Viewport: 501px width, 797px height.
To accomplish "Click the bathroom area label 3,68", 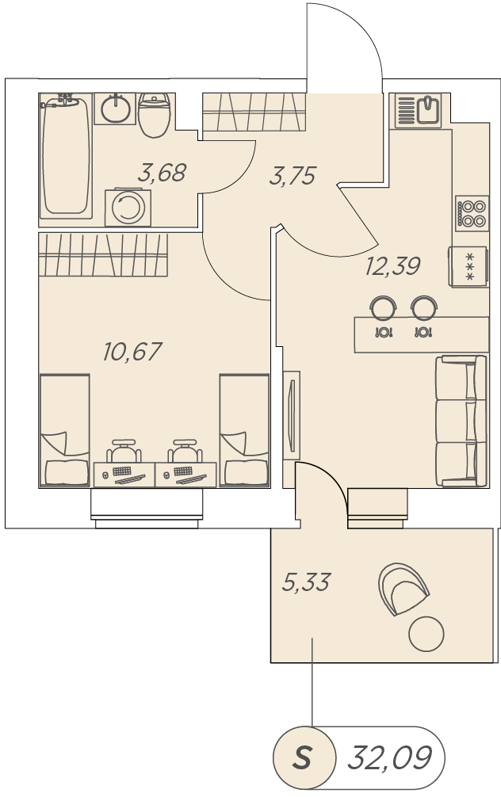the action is (x=163, y=173).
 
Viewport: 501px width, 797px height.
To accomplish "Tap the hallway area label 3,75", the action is (x=293, y=176).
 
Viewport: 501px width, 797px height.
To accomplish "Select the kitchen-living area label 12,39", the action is (x=392, y=266).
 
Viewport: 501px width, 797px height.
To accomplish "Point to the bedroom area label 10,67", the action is (x=132, y=351).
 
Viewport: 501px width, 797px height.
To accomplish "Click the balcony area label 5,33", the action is (x=306, y=582).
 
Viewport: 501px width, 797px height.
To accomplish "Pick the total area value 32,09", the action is (x=389, y=757).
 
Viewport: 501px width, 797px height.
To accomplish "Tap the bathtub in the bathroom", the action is (x=66, y=156).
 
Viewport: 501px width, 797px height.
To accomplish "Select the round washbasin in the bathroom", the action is (x=116, y=109).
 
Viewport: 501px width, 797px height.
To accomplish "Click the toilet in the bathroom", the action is (x=154, y=116).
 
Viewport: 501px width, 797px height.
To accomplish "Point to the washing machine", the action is (x=128, y=208).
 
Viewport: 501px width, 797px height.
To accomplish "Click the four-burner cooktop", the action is (x=472, y=213).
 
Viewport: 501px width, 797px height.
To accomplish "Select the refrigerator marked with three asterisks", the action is (x=468, y=267).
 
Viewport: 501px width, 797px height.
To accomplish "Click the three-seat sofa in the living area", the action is (x=461, y=421).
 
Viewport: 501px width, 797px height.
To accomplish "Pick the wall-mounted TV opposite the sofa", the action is (x=292, y=415).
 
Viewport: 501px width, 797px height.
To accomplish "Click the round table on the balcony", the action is (x=426, y=634).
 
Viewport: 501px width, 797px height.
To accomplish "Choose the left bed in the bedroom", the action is (x=64, y=430).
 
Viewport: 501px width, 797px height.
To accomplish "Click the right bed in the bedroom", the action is (x=244, y=430).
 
